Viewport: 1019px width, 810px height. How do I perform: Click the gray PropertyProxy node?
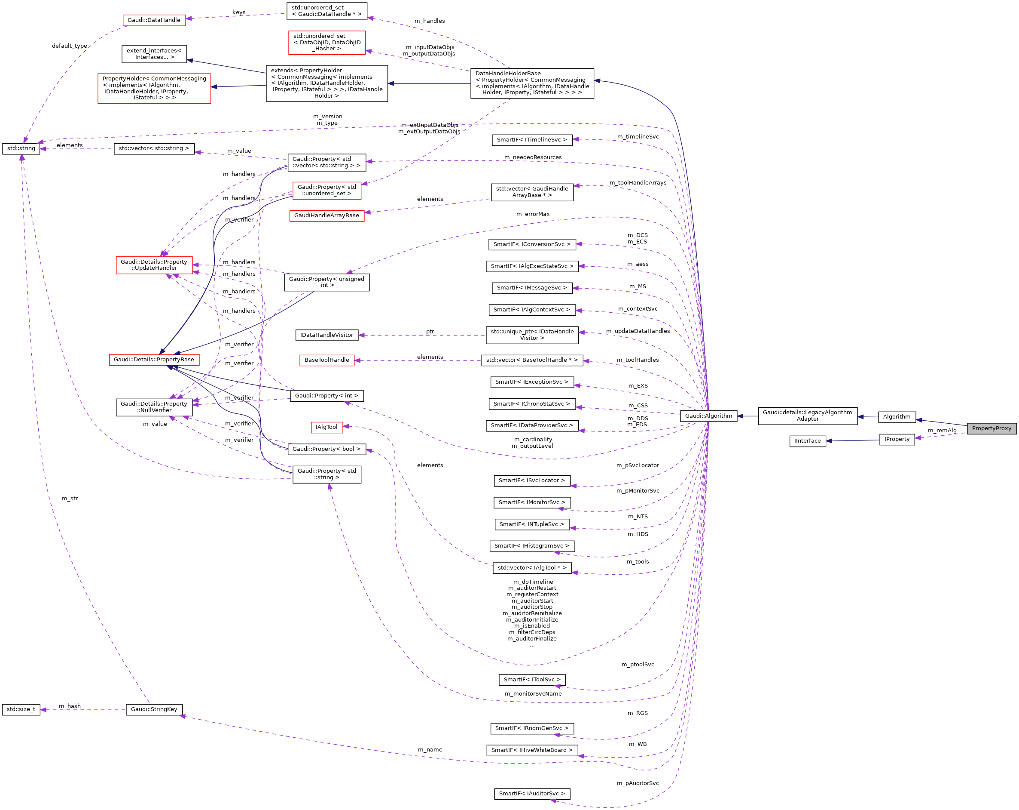[x=991, y=428]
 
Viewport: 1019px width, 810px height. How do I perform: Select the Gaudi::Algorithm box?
[x=708, y=416]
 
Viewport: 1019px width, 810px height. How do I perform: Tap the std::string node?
[x=21, y=148]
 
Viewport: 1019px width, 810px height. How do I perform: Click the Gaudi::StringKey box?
[x=154, y=709]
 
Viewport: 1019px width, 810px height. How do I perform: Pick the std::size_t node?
[x=21, y=709]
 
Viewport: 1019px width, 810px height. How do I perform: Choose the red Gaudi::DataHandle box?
[x=154, y=20]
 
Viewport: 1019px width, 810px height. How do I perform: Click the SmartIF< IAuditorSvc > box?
[x=532, y=794]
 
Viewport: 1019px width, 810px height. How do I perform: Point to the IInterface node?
[x=807, y=441]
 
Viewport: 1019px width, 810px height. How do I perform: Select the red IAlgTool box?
[x=326, y=427]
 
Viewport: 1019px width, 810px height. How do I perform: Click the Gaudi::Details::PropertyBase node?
[x=154, y=360]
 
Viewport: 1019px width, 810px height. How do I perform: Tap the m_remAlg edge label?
[x=942, y=431]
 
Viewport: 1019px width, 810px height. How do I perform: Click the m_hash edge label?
[x=70, y=706]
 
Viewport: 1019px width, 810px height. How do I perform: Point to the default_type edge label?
[x=70, y=46]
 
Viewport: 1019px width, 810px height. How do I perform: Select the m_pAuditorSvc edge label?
[x=637, y=783]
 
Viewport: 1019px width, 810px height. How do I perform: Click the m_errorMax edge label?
[x=533, y=214]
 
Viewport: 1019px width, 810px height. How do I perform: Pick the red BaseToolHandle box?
[x=326, y=360]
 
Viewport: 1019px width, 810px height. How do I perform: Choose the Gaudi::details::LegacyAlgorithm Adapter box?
[x=807, y=416]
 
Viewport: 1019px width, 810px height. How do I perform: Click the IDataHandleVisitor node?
[x=326, y=335]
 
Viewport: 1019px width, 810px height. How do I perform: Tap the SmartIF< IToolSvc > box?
[x=532, y=680]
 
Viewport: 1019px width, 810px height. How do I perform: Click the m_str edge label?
[x=70, y=499]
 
